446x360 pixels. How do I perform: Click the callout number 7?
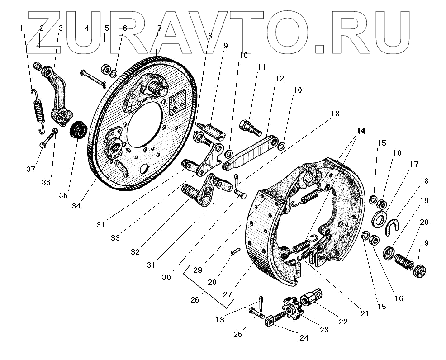[x=159, y=28]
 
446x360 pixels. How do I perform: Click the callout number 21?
[x=365, y=313]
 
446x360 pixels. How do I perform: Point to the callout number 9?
[x=225, y=46]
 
